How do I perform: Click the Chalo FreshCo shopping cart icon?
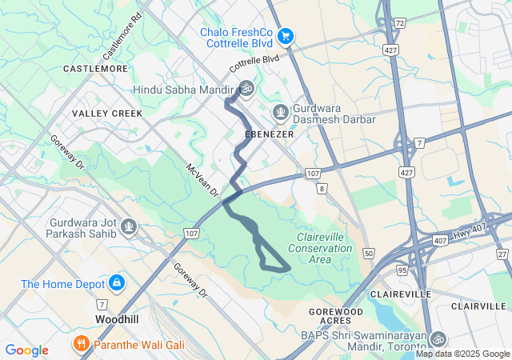click(x=286, y=35)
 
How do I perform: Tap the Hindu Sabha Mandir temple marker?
click(x=246, y=90)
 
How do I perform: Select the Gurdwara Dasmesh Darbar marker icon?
click(x=280, y=111)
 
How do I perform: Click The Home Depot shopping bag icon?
click(x=118, y=282)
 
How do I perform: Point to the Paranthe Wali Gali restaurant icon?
click(x=81, y=345)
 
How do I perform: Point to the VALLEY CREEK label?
click(x=107, y=114)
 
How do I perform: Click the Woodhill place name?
click(x=118, y=318)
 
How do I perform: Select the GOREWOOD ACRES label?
click(x=336, y=316)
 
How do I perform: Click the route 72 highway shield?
click(x=398, y=23)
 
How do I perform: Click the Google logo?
click(x=26, y=350)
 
